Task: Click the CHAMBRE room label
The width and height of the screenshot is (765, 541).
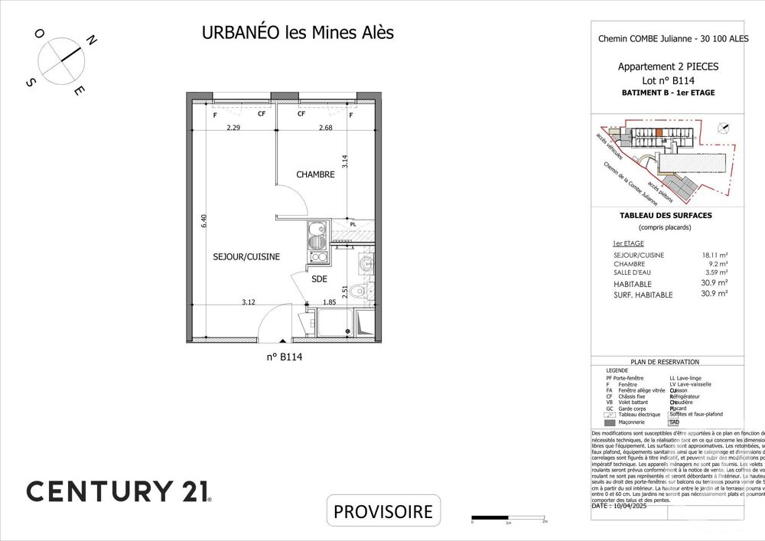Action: pyautogui.click(x=315, y=174)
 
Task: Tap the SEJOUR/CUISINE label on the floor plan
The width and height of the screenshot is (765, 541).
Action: pyautogui.click(x=246, y=257)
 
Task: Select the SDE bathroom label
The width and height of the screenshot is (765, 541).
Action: pyautogui.click(x=319, y=279)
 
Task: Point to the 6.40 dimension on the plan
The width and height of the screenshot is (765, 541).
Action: pyautogui.click(x=203, y=220)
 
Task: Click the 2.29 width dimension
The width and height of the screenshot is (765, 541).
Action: pyautogui.click(x=233, y=129)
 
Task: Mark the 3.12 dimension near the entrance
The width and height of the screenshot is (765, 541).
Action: pyautogui.click(x=248, y=302)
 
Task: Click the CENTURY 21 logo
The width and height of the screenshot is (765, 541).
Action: pyautogui.click(x=119, y=490)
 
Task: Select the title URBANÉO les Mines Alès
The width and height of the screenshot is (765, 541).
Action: pyautogui.click(x=298, y=33)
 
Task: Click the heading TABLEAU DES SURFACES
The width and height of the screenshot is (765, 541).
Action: pyautogui.click(x=665, y=216)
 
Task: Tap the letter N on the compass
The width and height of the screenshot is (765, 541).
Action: pyautogui.click(x=91, y=41)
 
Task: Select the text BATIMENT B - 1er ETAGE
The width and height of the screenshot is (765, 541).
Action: pyautogui.click(x=668, y=93)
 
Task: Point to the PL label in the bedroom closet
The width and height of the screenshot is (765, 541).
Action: pyautogui.click(x=353, y=224)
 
